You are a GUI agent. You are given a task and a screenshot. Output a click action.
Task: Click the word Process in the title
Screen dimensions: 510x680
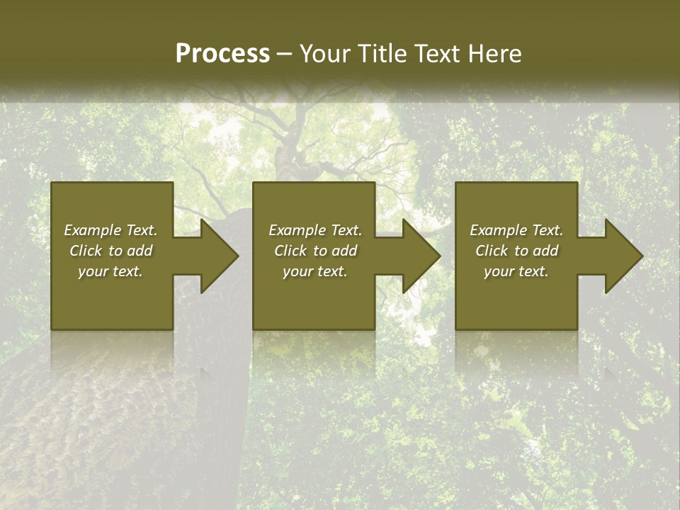222,54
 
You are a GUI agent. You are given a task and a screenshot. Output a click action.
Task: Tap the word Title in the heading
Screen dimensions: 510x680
381,54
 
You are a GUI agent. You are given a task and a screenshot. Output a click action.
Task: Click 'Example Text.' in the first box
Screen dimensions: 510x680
110,230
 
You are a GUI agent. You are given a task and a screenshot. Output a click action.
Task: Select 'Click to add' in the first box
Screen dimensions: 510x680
110,251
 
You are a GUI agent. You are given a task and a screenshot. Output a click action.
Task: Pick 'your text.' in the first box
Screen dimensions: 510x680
110,271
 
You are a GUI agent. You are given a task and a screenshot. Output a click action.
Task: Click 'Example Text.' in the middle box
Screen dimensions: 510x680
315,230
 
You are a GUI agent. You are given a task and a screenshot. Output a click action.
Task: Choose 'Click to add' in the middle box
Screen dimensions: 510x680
315,251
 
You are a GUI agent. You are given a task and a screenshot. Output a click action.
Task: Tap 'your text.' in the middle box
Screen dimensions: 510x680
315,271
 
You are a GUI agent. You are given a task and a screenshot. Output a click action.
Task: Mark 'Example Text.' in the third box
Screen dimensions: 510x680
516,230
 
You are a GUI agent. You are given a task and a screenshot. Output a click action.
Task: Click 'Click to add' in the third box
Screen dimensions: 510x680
516,251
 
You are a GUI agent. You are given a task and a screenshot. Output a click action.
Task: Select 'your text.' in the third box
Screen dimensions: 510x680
516,271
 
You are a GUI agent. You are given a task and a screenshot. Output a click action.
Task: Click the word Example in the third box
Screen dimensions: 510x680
499,230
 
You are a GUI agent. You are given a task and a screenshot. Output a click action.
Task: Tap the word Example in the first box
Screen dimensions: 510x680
93,230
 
